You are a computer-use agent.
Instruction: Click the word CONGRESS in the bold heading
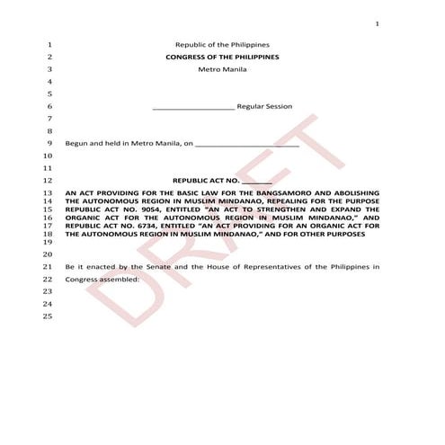click(x=186, y=57)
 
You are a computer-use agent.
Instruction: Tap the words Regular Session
click(x=264, y=107)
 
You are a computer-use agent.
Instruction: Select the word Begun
click(x=78, y=142)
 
